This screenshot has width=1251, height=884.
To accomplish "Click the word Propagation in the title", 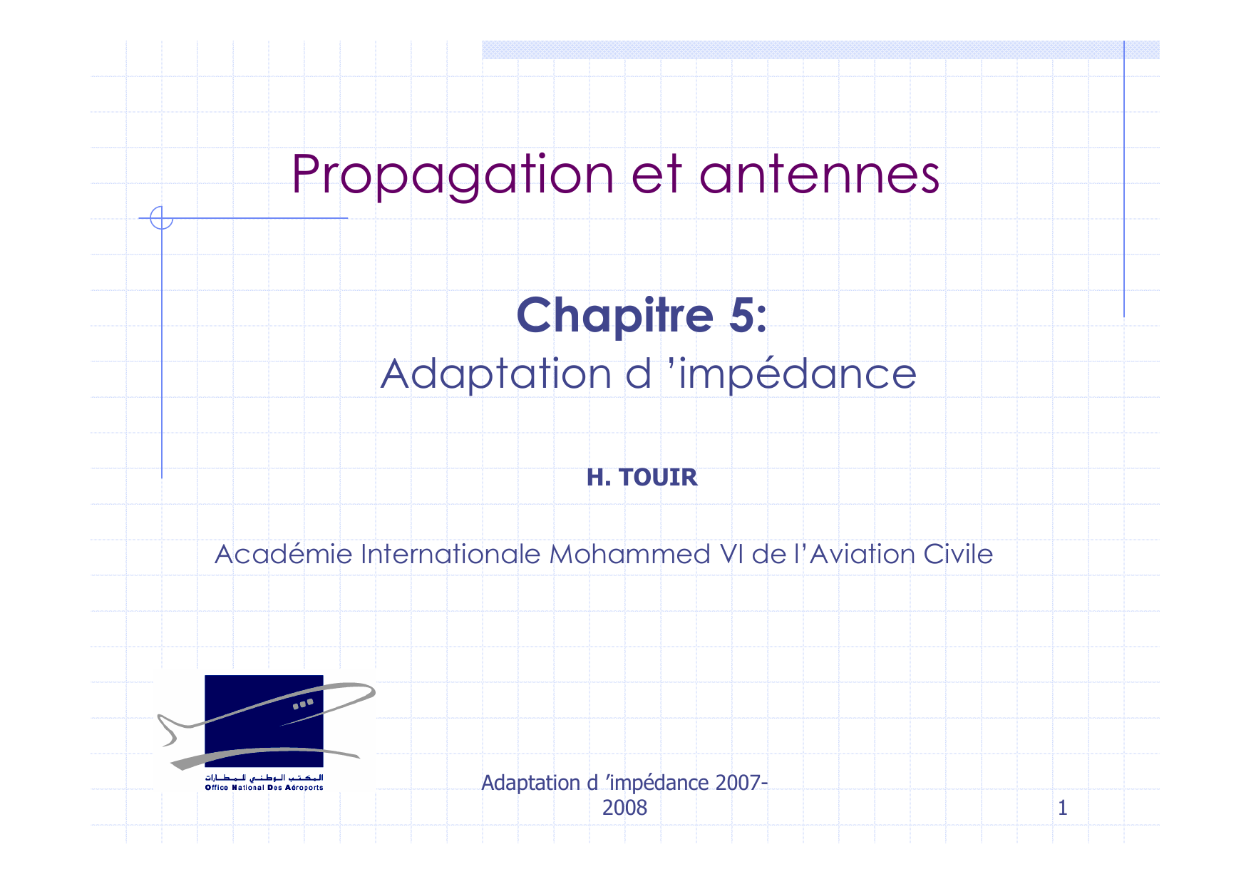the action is coord(453,175).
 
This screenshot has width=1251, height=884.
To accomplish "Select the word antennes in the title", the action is coord(819,175).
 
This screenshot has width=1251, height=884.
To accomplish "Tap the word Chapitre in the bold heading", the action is coord(615,316).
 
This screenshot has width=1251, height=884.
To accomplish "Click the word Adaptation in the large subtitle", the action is coord(496,374).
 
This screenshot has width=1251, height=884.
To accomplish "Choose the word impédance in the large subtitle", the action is coord(797,374).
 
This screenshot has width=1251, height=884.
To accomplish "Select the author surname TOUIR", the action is coord(658,477).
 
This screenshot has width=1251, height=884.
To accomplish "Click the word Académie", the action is coord(284,554).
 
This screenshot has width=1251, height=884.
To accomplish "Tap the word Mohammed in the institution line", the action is coord(630,554).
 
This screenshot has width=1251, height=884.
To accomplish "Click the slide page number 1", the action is coord(1062,808).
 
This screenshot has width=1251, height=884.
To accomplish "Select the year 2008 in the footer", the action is coord(625,808).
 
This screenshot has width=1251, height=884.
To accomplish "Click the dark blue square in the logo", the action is coord(264,721).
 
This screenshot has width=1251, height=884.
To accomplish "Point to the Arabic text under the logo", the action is coord(264,777).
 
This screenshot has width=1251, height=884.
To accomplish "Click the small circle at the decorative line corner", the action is coord(162,217).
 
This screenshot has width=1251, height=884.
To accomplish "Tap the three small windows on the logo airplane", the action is coord(303,704).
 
